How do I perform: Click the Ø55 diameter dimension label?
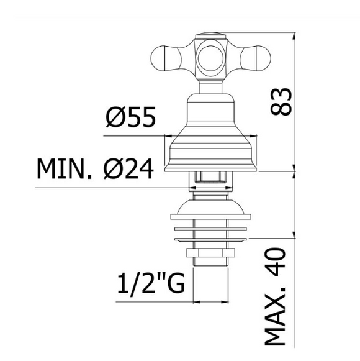tap(131, 117)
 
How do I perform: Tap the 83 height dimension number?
tap(281, 101)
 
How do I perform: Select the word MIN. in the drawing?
tap(65, 168)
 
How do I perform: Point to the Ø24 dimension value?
tap(128, 168)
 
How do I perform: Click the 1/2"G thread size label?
tap(151, 283)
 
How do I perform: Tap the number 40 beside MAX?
tap(276, 262)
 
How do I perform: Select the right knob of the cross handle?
tap(255, 58)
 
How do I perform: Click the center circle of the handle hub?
tap(210, 58)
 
